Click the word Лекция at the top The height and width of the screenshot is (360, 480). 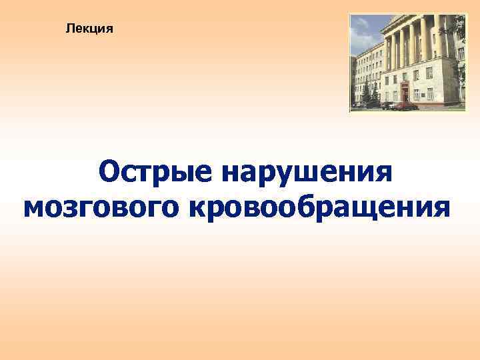(90, 29)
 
